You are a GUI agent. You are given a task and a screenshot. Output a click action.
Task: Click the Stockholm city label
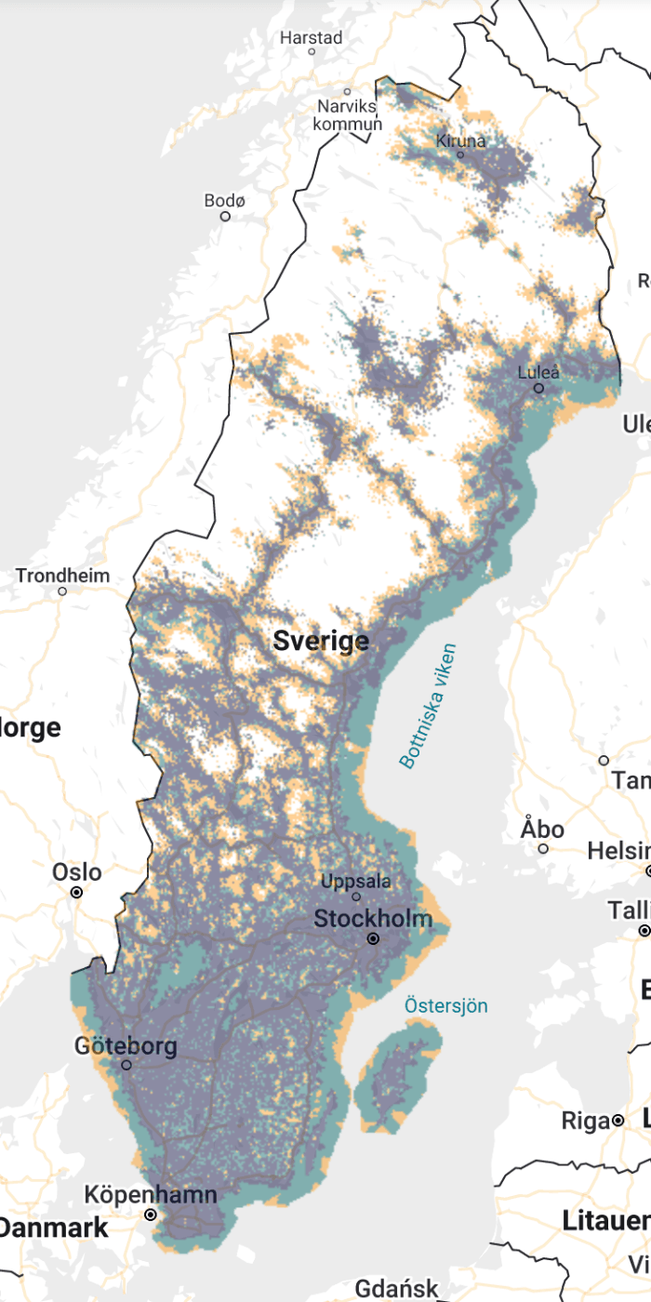coord(373,919)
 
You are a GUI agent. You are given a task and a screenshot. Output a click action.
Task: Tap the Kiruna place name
coord(460,141)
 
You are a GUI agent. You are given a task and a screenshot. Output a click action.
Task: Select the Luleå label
coord(539,373)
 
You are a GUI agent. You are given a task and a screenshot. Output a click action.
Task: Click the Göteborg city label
coord(126,1046)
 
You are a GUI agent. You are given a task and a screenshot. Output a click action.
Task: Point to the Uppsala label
coord(355,882)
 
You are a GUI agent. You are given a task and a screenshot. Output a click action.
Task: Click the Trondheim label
coord(62,576)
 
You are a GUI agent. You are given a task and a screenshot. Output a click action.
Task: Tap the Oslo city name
coord(77,872)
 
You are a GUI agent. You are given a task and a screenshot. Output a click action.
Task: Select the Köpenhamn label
coord(151,1195)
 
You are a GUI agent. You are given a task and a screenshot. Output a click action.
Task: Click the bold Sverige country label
coord(321,641)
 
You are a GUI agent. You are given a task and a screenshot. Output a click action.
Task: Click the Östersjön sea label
coord(445,1005)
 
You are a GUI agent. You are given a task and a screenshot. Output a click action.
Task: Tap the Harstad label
coord(312,38)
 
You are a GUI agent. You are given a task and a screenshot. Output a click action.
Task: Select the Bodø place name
coord(225,201)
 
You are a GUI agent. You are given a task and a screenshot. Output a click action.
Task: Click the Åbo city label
coord(542,828)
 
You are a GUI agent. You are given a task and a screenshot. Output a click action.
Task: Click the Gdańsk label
coord(396,1289)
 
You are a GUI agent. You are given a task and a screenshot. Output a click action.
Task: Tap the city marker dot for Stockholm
coord(373,939)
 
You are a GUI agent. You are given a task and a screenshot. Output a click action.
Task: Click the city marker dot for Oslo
coord(77,892)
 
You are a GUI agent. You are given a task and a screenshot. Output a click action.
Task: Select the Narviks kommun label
coord(348,115)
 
